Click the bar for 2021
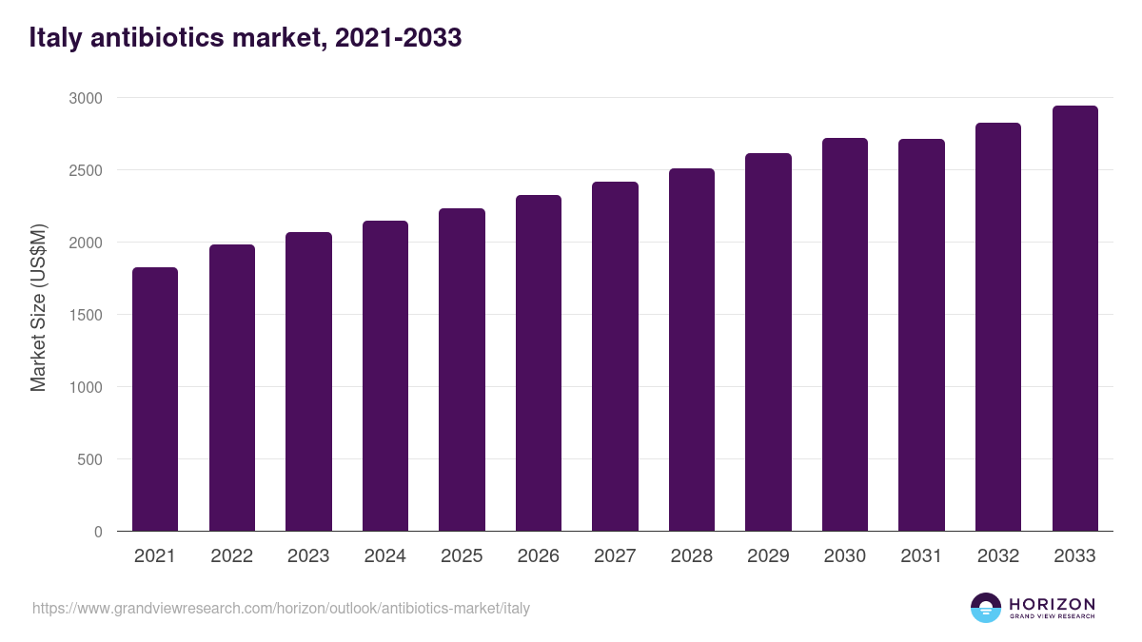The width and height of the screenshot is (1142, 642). pos(155,399)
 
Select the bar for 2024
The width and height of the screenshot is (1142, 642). pos(385,376)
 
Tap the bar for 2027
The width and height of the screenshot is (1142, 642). pos(615,357)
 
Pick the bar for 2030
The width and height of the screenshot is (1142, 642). pos(845,335)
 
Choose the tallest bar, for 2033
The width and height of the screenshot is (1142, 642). pos(1074,319)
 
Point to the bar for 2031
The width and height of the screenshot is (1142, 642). pos(921,335)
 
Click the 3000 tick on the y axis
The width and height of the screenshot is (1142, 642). pos(85,98)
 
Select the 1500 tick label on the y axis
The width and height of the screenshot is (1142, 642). pos(85,315)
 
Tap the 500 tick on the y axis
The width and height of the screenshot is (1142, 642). pos(89,459)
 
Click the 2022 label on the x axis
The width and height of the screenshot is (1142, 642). pos(231,556)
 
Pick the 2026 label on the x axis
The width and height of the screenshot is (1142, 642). pos(539,556)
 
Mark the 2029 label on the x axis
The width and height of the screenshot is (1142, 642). pos(768,556)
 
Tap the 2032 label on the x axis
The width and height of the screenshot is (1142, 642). pos(998,556)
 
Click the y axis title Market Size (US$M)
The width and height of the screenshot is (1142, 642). pos(38,307)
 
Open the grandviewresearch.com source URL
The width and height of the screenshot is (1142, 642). pos(281,608)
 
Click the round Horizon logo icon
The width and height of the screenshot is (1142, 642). pos(986,608)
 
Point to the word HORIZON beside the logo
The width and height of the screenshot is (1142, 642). pos(1052,604)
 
